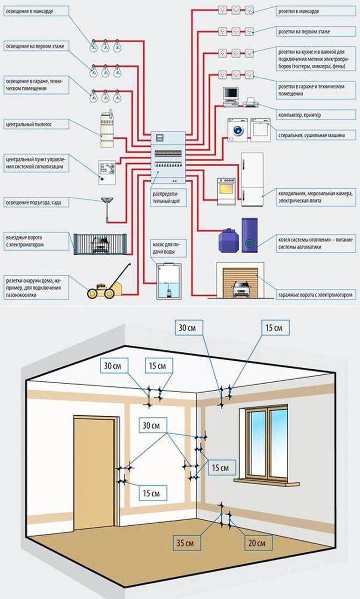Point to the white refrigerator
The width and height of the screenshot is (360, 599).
coord(251,179)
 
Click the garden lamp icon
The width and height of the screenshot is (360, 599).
coord(106,207)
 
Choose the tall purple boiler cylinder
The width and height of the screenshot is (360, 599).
coord(249,234)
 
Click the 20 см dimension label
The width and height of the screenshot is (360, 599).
coord(257,542)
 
